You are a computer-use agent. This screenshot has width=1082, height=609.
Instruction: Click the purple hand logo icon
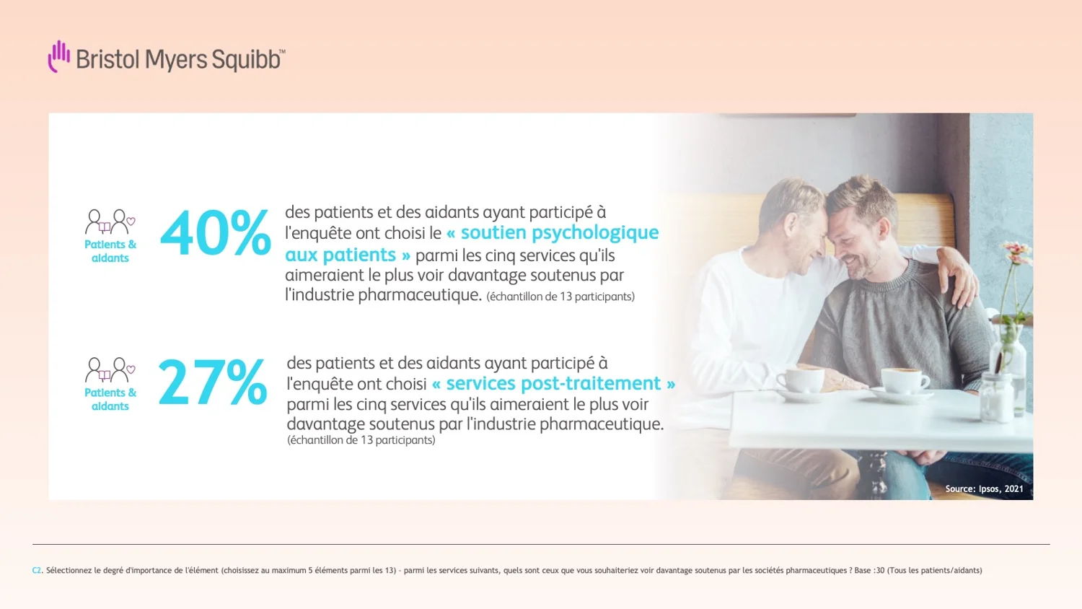[x=59, y=56]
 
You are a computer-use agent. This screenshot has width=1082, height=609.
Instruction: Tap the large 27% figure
[x=213, y=382]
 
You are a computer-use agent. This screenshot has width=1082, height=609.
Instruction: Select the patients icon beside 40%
[x=110, y=222]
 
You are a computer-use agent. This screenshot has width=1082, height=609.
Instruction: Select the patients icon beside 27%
[x=110, y=370]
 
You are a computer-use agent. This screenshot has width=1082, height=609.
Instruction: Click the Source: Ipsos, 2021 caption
[x=984, y=488]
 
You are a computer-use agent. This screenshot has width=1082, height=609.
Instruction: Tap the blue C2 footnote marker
[x=37, y=570]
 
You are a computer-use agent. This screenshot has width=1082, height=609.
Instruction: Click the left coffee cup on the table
[x=801, y=380]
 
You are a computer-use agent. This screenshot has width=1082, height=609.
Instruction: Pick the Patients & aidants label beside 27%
[x=110, y=399]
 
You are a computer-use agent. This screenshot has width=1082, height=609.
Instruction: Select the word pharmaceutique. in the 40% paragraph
[x=420, y=296]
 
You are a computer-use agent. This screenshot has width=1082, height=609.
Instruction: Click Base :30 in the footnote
[x=869, y=570]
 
